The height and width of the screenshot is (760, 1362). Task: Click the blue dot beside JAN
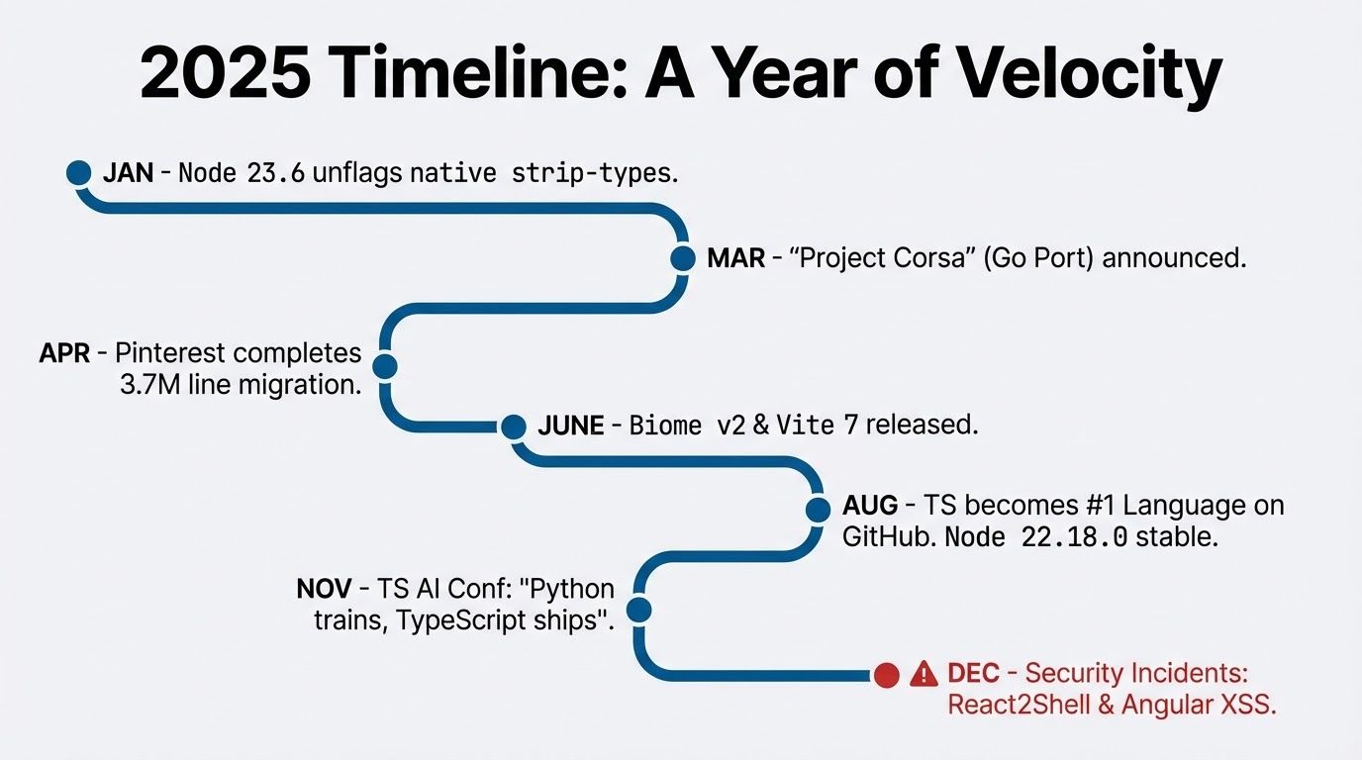tap(79, 172)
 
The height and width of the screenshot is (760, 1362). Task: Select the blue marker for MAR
tap(683, 258)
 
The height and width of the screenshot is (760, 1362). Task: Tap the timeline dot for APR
tap(385, 366)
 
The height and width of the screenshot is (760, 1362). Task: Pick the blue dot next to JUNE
tap(514, 427)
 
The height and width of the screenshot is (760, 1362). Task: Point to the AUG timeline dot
tap(819, 510)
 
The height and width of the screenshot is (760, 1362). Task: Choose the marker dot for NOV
tap(639, 610)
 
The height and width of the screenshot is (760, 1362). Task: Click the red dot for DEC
tap(887, 676)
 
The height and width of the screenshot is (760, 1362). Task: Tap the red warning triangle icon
tap(924, 674)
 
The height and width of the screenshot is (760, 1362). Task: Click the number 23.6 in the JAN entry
tap(276, 173)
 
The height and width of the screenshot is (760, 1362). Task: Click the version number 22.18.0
tap(1074, 537)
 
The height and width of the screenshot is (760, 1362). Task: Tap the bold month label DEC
tap(973, 673)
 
